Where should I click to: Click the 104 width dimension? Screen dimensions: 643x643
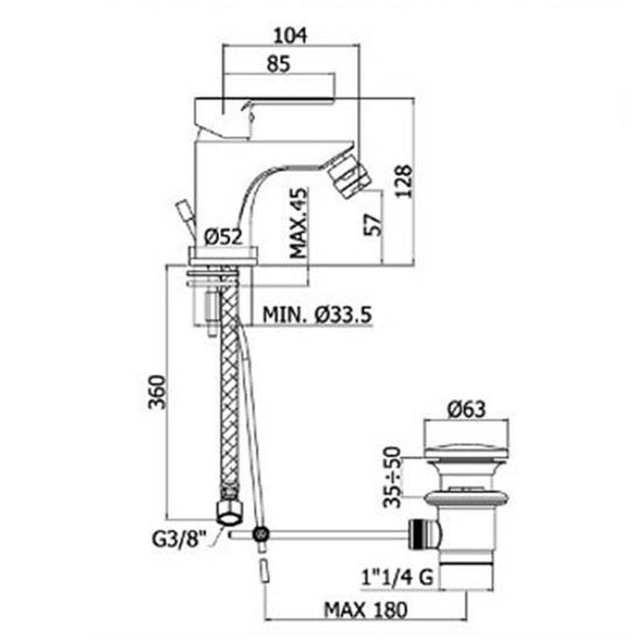[x=290, y=35]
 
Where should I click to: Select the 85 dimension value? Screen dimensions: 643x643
[x=278, y=63]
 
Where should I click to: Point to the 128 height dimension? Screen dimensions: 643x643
[x=403, y=182]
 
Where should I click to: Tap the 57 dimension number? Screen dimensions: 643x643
[x=373, y=224]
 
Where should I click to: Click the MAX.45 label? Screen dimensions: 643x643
[x=298, y=223]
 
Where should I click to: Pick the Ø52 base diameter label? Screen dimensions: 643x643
[x=223, y=236]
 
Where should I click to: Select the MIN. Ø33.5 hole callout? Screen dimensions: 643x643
[x=317, y=315]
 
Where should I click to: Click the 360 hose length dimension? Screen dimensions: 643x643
[x=158, y=392]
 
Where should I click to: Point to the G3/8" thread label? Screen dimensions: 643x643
[x=178, y=539]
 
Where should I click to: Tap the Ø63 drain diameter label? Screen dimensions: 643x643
[x=467, y=409]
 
